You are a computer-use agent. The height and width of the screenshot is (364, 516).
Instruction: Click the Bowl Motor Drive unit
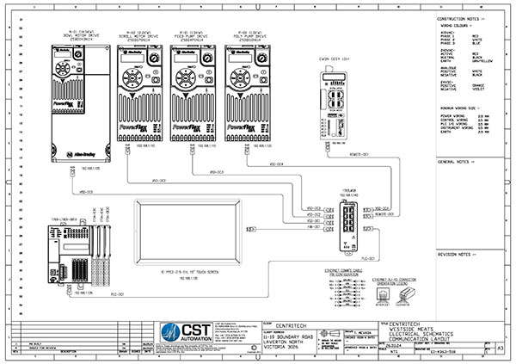83,99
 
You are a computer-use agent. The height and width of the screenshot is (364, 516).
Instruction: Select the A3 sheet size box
501,348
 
